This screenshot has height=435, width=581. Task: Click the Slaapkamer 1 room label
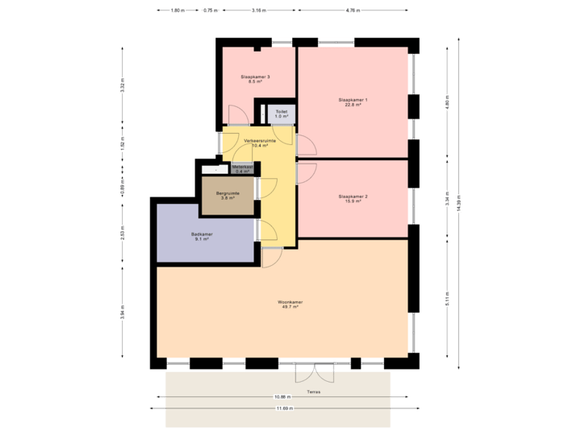point(353,100)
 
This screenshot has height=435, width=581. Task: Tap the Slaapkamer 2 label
point(353,197)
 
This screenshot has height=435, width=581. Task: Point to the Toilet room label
point(281,112)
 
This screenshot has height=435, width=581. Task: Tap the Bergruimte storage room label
point(228,193)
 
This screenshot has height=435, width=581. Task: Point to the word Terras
point(314,391)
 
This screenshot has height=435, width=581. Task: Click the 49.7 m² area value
point(290,308)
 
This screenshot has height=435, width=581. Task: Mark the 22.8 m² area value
point(353,105)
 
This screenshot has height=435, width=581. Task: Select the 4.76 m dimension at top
point(353,10)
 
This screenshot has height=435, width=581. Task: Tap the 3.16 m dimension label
point(257,10)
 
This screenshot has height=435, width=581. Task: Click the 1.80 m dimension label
point(177,10)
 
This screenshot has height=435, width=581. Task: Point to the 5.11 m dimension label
point(446,300)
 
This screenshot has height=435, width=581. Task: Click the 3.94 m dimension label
point(123,311)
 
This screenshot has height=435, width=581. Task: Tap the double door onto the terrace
point(314,372)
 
